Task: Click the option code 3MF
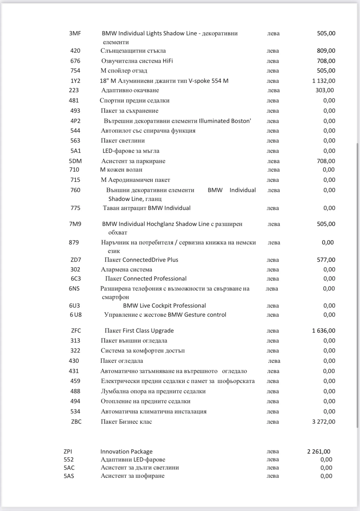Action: click(75, 33)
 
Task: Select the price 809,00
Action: click(326, 51)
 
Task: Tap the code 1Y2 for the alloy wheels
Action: click(75, 81)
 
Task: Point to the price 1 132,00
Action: click(324, 81)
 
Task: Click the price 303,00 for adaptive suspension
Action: click(324, 90)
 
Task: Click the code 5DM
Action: click(75, 161)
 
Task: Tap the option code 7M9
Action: click(75, 224)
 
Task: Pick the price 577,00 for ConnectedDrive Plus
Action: click(326, 260)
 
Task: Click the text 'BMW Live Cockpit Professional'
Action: click(164, 306)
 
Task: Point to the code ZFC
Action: click(76, 331)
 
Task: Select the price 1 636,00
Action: click(324, 331)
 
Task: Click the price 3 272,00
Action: click(324, 422)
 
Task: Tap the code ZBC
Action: click(76, 422)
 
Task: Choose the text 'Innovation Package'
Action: click(126, 452)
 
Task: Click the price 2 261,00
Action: click(319, 452)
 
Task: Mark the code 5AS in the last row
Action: click(69, 476)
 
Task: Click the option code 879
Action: click(74, 242)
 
